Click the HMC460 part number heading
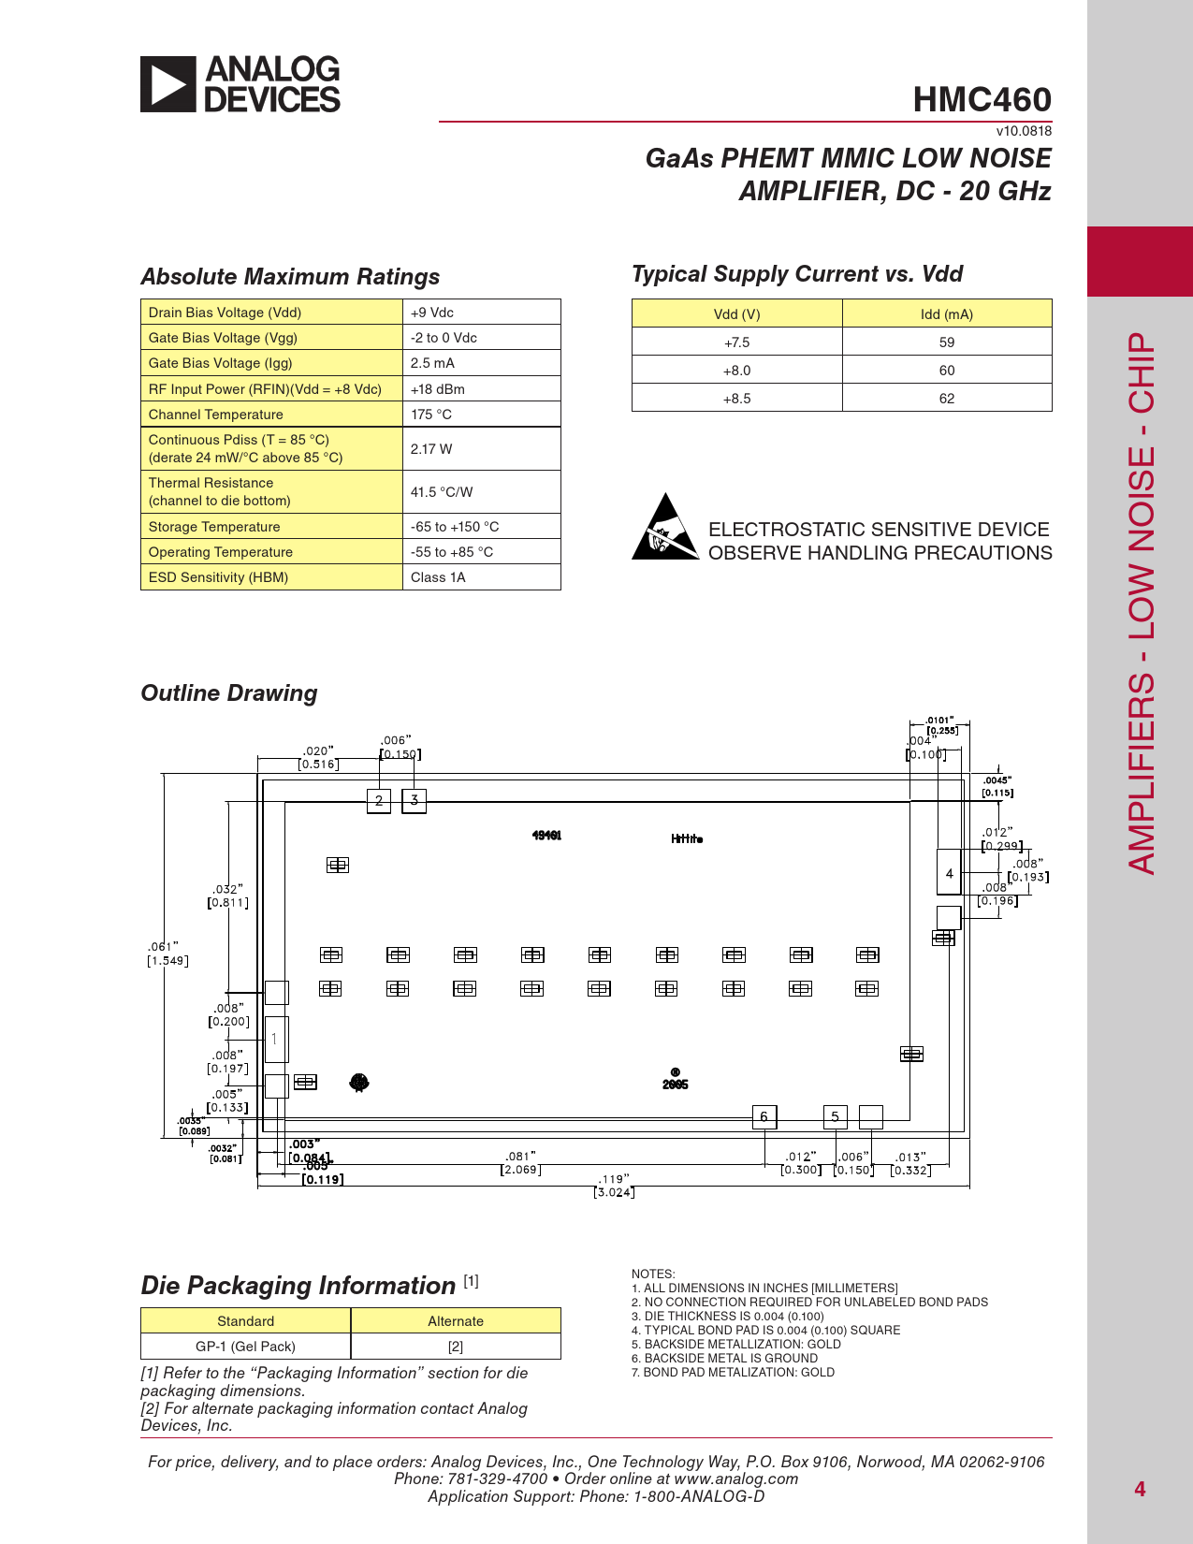pyautogui.click(x=982, y=100)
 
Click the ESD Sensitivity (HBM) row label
pyautogui.click(x=219, y=577)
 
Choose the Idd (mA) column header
pyautogui.click(x=947, y=314)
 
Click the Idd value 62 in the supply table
pyautogui.click(x=947, y=399)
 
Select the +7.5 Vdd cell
pyautogui.click(x=736, y=342)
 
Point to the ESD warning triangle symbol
pyautogui.click(x=665, y=529)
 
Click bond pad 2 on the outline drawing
pyautogui.click(x=379, y=801)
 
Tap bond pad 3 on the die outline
pyautogui.click(x=415, y=800)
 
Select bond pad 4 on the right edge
pyautogui.click(x=949, y=873)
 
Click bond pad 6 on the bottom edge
pyautogui.click(x=764, y=1116)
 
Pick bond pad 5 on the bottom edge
pyautogui.click(x=836, y=1116)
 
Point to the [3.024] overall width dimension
pyautogui.click(x=614, y=1192)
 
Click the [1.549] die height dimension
pyautogui.click(x=168, y=961)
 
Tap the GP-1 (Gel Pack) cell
pyautogui.click(x=245, y=1347)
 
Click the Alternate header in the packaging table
pyautogui.click(x=456, y=1321)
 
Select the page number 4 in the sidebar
pyautogui.click(x=1140, y=1489)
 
